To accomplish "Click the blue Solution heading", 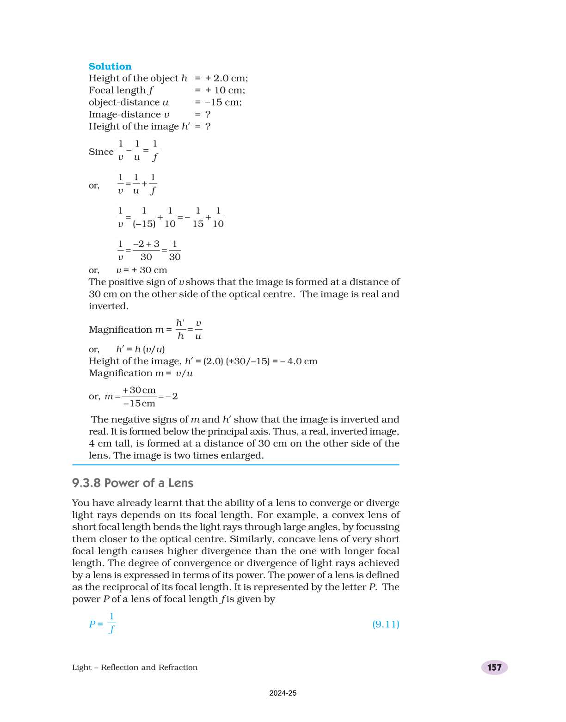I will tap(110, 67).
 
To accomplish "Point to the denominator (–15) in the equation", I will tap(144, 224).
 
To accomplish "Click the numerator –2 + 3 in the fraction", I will tap(146, 244).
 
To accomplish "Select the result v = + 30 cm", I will tap(141, 270).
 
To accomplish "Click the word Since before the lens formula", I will tap(101, 152).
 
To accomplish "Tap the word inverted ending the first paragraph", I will tap(108, 306).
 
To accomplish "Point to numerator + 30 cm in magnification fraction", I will tap(139, 391).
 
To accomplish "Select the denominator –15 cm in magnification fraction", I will tap(139, 404).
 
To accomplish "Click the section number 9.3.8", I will tap(86, 483).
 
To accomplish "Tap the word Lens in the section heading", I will tap(181, 483).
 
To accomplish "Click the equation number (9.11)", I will tap(385, 624).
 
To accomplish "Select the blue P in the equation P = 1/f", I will tap(92, 624).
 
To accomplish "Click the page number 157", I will tap(494, 667).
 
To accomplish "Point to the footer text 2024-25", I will tap(283, 693).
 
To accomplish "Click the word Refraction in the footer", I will tap(178, 667).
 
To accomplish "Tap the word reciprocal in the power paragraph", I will tap(122, 587).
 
